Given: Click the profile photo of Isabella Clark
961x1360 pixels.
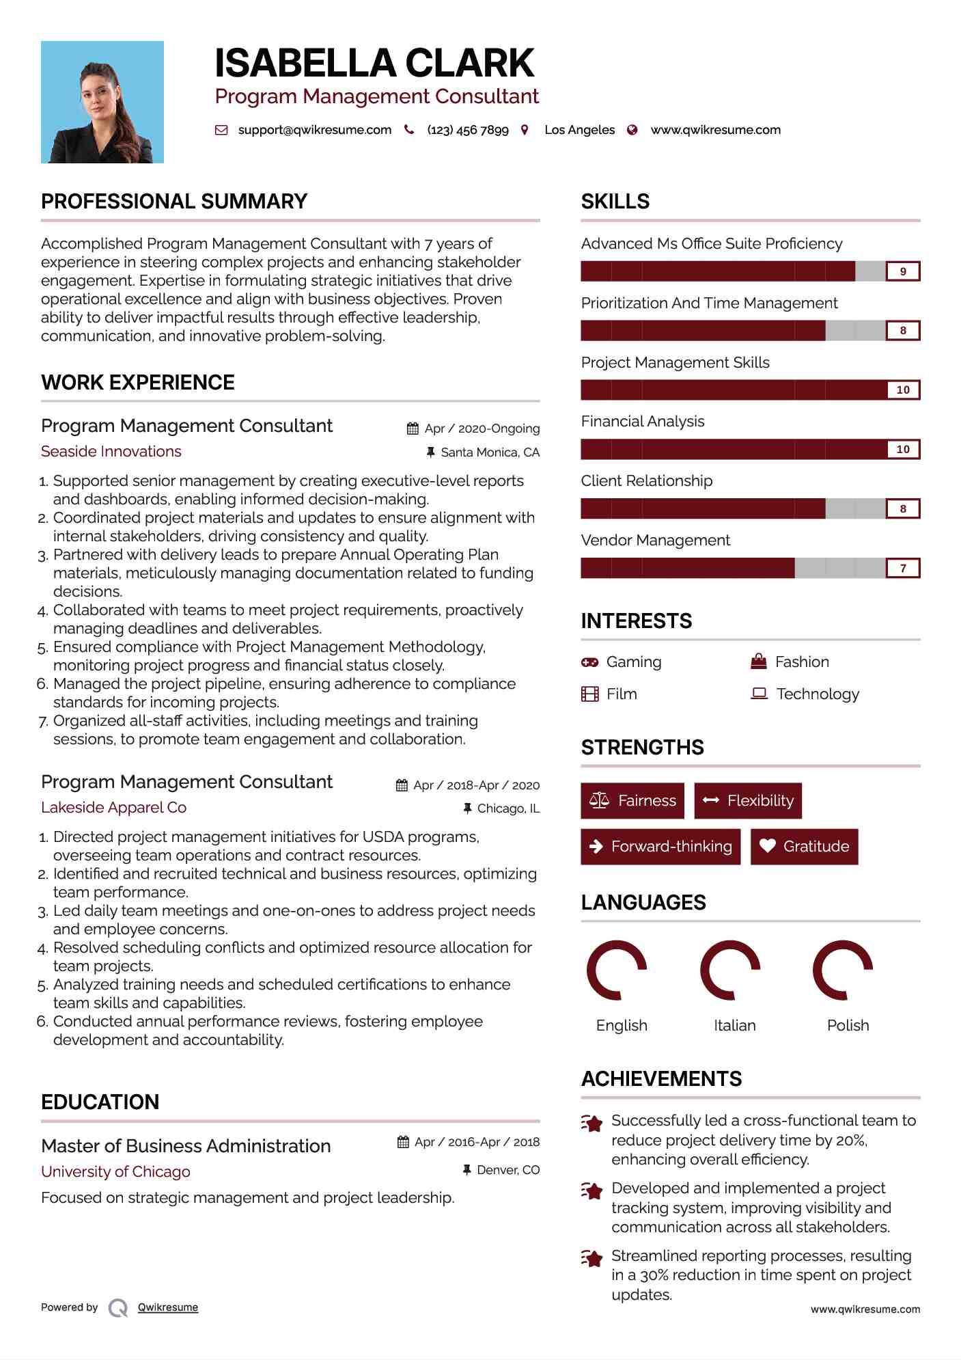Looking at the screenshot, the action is click(x=102, y=102).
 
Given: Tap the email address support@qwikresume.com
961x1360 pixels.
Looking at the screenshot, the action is click(x=314, y=130).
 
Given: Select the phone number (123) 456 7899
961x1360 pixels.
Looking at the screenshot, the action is click(x=468, y=130).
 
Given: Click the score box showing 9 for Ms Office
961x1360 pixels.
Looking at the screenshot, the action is click(x=902, y=271).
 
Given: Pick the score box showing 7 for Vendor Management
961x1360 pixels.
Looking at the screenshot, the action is click(x=902, y=568).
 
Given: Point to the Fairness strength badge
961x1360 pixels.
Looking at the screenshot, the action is click(x=632, y=800).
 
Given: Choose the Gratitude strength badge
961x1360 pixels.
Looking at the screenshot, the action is click(x=804, y=846).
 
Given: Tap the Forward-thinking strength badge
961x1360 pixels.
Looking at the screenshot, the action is click(x=660, y=846).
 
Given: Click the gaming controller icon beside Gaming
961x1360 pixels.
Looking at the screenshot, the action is click(x=589, y=662).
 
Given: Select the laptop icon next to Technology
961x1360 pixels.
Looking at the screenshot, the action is click(x=759, y=694).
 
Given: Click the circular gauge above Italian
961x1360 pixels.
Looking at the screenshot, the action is click(x=730, y=970).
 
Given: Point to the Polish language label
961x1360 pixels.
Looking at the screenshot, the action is click(x=848, y=1025).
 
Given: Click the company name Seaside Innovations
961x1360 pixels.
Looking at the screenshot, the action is click(x=111, y=451).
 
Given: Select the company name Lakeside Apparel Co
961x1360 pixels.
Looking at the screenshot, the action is click(x=113, y=807).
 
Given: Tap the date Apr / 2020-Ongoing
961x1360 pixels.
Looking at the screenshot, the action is click(x=482, y=429).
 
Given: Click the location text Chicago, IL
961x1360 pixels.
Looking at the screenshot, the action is click(x=508, y=808).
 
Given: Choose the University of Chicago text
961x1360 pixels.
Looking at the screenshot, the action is click(x=115, y=1171).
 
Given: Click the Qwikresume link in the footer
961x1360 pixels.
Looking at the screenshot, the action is click(x=168, y=1307).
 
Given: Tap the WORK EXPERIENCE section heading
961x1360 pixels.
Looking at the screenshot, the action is click(x=138, y=382).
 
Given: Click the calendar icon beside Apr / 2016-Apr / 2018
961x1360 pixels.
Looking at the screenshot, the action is click(x=403, y=1142).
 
